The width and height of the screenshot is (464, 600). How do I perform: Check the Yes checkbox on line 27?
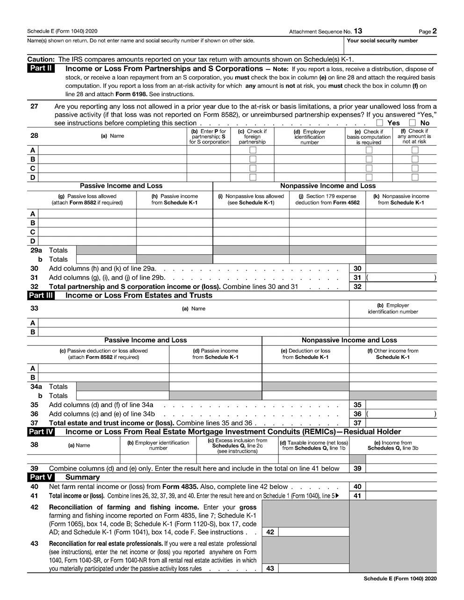pos(380,123)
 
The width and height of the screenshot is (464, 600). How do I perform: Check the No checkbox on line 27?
pos(413,123)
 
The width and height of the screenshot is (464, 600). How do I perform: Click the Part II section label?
pos(41,69)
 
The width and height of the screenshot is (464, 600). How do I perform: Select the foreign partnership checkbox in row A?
pos(253,150)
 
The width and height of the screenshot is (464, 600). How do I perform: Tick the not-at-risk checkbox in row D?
pos(415,177)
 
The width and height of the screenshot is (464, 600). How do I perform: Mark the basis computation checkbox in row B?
pos(369,159)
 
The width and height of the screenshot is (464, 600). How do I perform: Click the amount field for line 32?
pos(401,286)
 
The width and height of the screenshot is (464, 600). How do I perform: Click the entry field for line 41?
pos(401,496)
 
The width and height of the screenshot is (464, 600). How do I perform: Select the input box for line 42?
pos(313,532)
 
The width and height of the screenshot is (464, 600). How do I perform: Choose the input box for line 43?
pos(313,568)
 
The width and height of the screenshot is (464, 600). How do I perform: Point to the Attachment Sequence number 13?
pos(357,31)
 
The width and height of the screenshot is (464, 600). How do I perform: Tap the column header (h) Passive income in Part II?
pos(174,200)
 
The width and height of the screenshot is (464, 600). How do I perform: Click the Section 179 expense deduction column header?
pos(327,200)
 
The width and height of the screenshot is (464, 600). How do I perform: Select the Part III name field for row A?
pos(194,323)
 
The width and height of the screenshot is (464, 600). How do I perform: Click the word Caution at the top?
pos(41,59)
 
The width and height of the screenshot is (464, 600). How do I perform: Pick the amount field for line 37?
pos(401,423)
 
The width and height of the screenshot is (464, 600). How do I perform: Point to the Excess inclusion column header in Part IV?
pos(237,446)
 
